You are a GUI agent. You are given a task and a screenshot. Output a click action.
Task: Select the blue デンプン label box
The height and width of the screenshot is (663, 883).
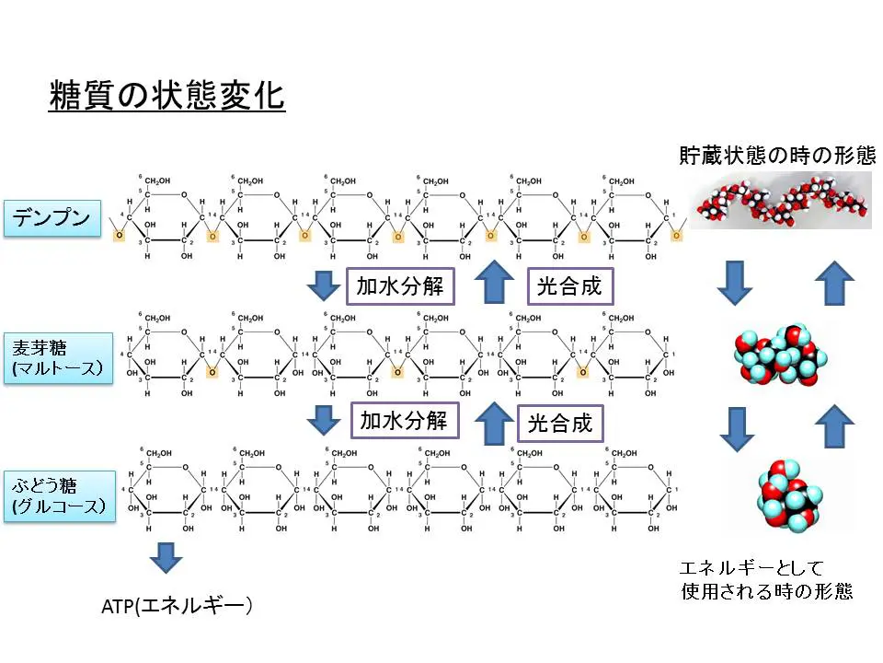(52, 219)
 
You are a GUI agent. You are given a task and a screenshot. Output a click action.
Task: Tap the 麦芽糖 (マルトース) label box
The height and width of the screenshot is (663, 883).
(57, 360)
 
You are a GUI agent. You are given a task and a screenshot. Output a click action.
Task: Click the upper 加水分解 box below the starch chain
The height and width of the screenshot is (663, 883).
(399, 286)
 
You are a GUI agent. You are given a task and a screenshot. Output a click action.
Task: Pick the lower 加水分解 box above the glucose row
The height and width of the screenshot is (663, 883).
(403, 422)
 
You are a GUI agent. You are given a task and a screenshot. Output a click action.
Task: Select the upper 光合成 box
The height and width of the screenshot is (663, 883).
(568, 286)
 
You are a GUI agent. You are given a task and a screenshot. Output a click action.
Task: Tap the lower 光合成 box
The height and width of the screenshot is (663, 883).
(559, 424)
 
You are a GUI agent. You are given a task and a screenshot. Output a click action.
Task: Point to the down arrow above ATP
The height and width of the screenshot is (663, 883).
(166, 556)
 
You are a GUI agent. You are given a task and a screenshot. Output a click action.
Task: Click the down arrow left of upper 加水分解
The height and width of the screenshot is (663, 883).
(323, 285)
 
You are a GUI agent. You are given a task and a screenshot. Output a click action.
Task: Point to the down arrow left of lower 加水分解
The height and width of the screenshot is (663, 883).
(323, 421)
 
